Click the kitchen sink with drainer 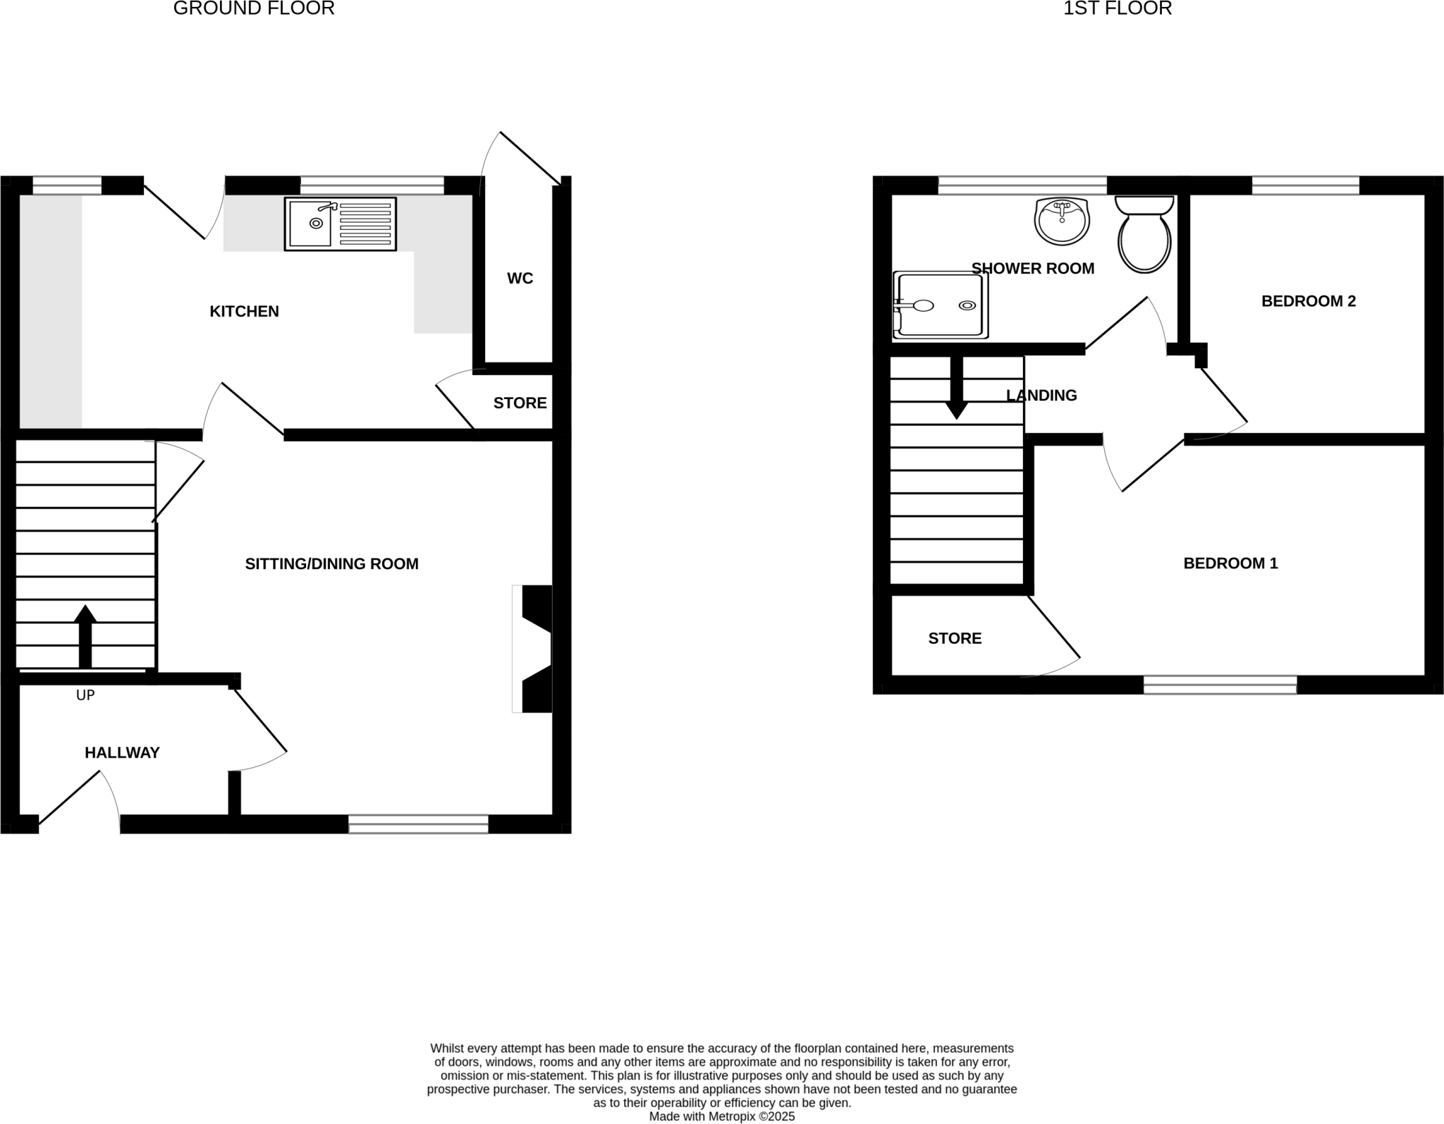[340, 224]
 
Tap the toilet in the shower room [1144, 236]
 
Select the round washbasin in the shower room [1062, 221]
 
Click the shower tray [940, 305]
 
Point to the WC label [520, 279]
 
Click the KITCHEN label [244, 311]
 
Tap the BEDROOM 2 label [1308, 301]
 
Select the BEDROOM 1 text [1230, 563]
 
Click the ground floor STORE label [520, 403]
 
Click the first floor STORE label [954, 638]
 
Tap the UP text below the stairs [85, 695]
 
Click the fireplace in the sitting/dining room [534, 649]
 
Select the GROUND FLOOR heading [253, 8]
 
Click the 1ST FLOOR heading [1117, 8]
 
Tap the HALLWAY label [122, 752]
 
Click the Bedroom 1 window [1219, 685]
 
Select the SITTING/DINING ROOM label [331, 563]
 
